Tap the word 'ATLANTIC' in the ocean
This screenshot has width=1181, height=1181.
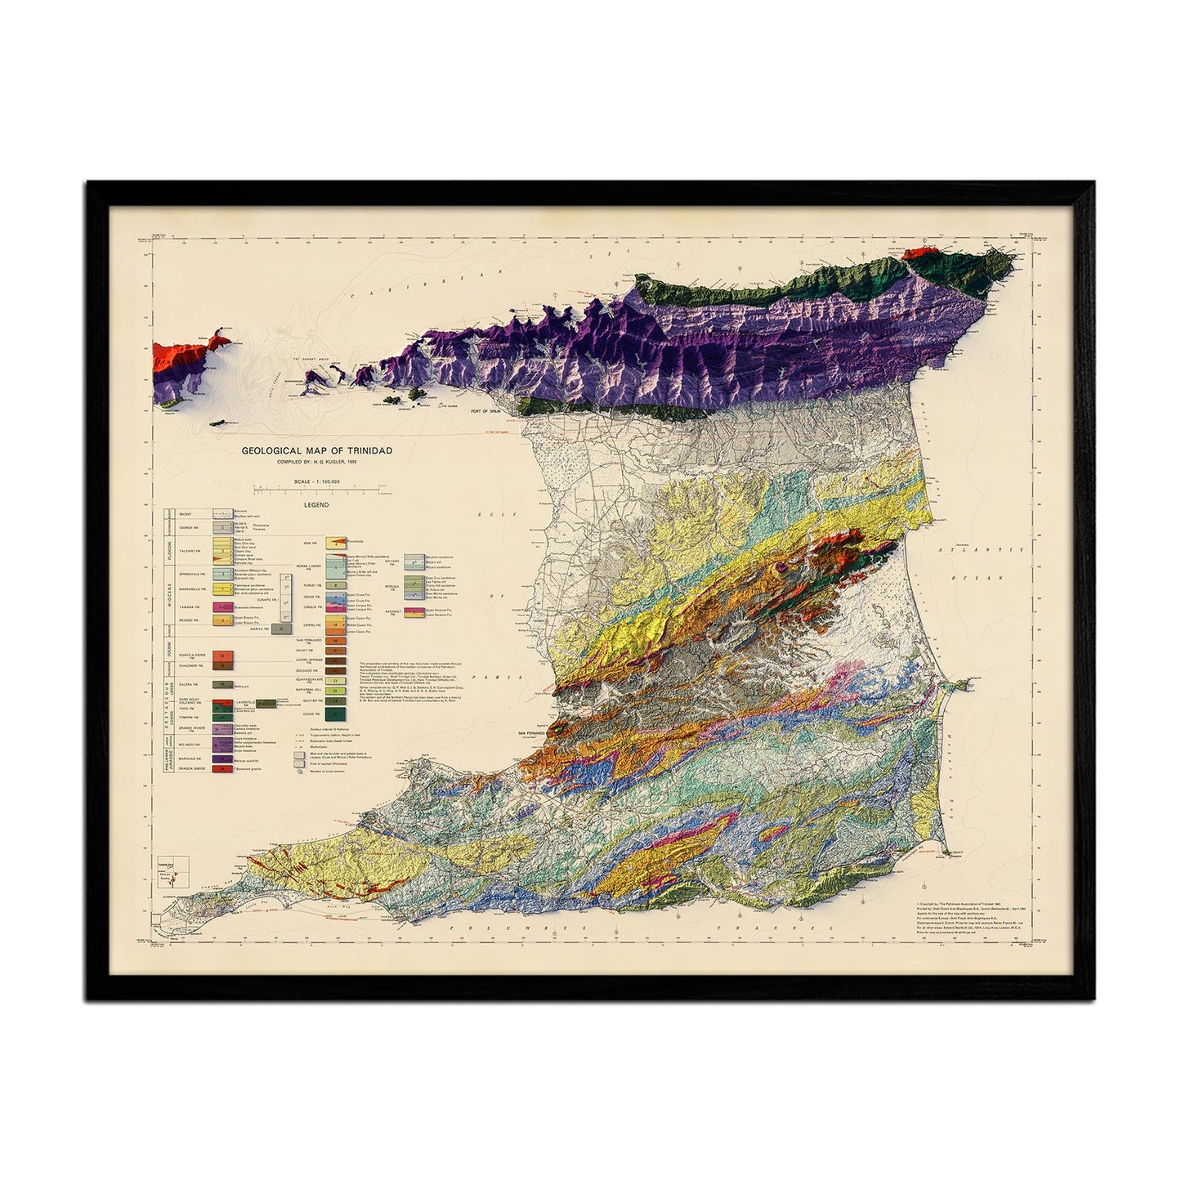(x=980, y=552)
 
